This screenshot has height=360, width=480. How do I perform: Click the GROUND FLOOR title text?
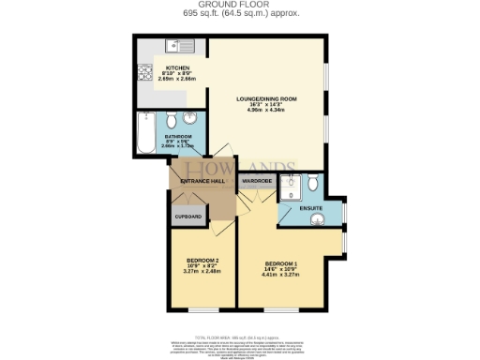[240, 5]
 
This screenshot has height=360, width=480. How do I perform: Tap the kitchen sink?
[177, 47]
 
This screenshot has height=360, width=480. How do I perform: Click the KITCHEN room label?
[178, 68]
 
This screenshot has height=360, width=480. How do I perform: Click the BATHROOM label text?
[176, 136]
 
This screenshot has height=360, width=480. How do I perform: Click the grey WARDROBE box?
[257, 180]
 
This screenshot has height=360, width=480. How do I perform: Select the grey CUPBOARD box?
[187, 217]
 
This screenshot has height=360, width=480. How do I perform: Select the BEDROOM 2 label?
[202, 260]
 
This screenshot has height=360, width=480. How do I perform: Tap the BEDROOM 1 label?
[280, 263]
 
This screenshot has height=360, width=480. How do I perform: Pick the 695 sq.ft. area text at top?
[239, 14]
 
